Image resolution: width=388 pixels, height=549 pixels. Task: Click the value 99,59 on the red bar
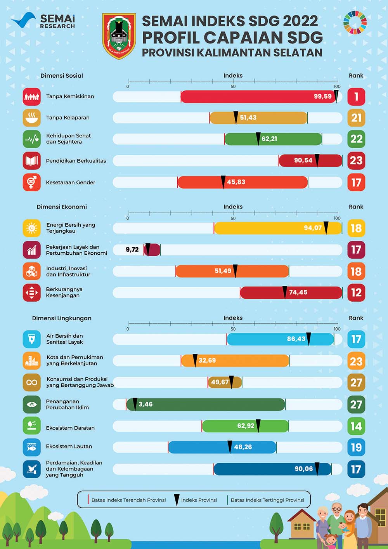coord(322,96)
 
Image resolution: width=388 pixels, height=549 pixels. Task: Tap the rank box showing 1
coord(356,96)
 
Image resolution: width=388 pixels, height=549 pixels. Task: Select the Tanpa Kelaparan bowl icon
coord(31,118)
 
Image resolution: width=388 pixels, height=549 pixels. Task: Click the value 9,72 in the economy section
coord(132,250)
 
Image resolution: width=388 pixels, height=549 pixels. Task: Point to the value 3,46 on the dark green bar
coord(145,404)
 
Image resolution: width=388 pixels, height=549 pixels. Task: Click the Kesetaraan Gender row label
coord(70,182)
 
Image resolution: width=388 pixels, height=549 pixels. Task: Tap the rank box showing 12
coord(356,293)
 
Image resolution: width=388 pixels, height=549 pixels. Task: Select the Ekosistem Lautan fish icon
coord(31,447)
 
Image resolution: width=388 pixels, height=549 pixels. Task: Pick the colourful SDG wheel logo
coord(355,23)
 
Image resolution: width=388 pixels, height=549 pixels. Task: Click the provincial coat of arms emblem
coord(119,36)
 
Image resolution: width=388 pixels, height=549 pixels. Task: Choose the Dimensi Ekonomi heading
coord(62,207)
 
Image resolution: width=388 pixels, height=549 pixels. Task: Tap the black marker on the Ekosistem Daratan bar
coord(258,426)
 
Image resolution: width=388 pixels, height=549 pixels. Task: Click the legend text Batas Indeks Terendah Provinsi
coord(128,500)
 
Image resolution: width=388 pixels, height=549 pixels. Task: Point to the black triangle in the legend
coord(177,500)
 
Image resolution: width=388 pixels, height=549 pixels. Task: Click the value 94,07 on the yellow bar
coord(313,228)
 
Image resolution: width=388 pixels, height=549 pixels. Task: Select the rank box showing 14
coord(356,426)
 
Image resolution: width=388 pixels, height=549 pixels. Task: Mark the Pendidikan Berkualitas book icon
coord(31,161)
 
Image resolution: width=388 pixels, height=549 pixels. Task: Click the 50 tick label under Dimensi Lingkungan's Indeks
coord(233,329)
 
